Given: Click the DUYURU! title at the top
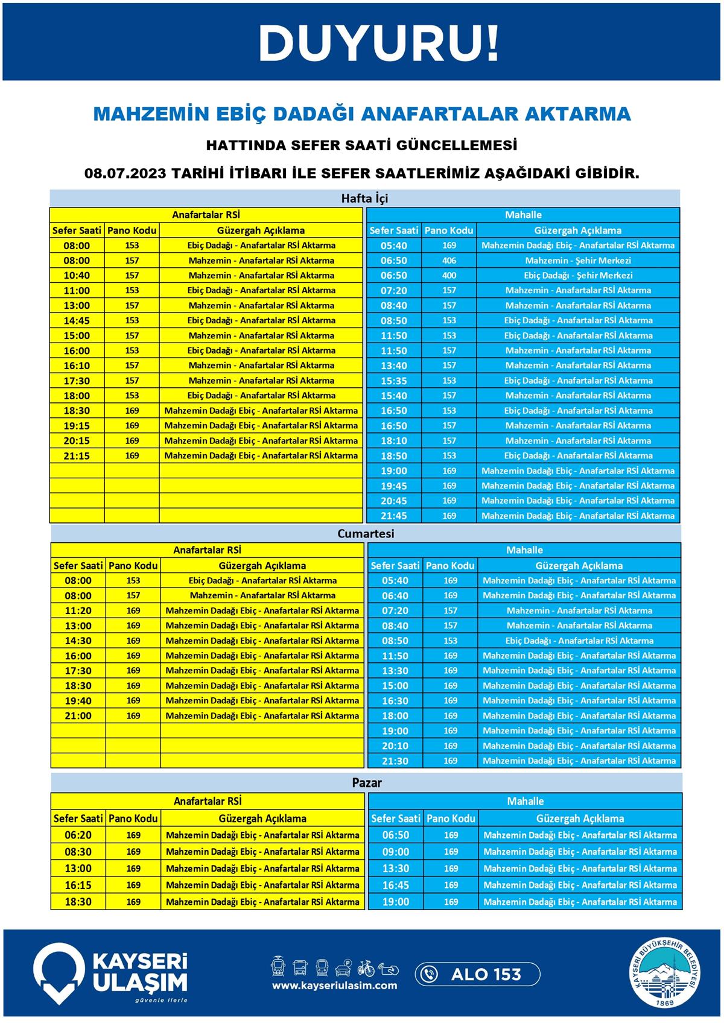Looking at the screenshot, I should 378,43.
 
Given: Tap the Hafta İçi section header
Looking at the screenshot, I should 364,198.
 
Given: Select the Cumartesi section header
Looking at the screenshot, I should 366,534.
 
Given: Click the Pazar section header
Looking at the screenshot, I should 367,783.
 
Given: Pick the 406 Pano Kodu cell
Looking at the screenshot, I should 449,261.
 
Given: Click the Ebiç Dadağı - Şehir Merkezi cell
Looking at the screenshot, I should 578,276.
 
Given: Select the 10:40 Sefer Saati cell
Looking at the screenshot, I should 77,276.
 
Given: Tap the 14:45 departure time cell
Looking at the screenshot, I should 77,321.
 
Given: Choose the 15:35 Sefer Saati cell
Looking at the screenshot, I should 394,381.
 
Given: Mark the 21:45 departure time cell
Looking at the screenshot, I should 394,516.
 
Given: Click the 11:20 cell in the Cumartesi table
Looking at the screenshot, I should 78,611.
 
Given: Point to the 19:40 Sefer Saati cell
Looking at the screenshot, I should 78,701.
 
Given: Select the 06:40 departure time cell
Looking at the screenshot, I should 395,596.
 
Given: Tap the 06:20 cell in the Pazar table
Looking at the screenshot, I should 78,835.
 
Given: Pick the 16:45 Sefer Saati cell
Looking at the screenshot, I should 396,885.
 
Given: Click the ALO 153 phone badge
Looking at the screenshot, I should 477,974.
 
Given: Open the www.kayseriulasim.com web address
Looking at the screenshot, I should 334,986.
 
